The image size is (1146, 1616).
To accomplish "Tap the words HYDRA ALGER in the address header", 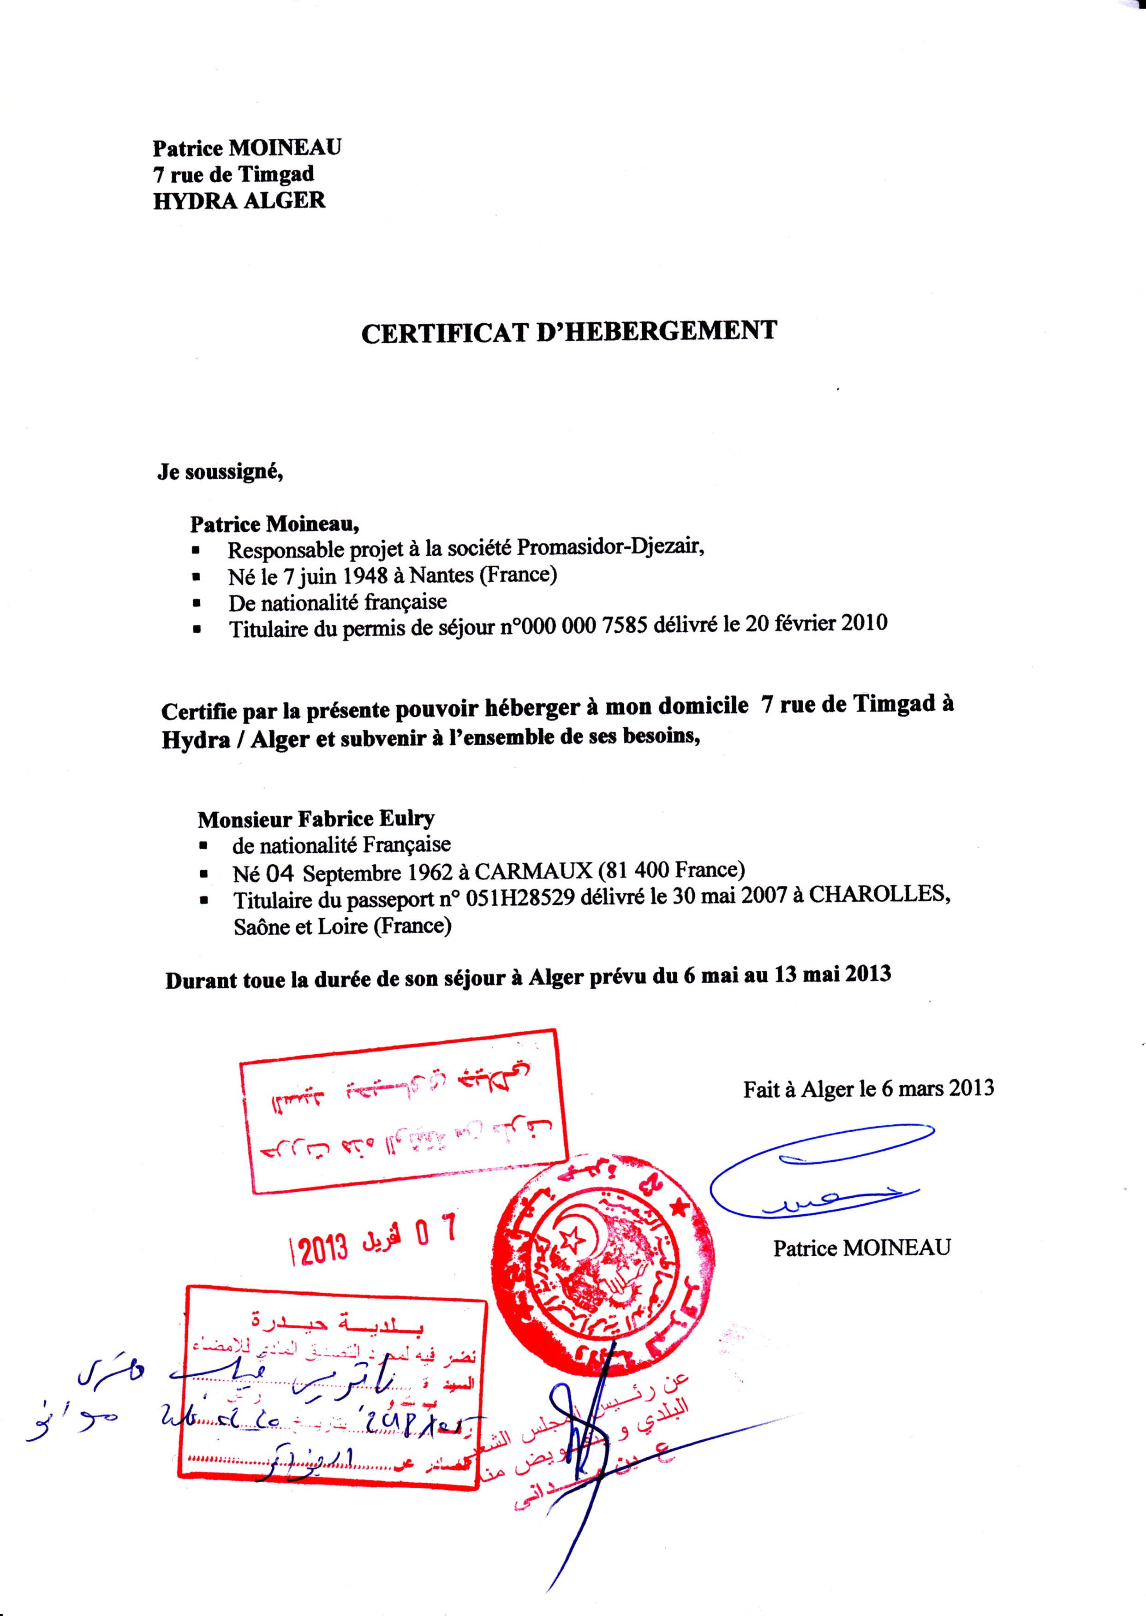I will point(239,200).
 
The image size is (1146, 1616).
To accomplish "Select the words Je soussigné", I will point(220,472).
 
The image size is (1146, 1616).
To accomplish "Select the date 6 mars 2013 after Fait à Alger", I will point(937,1088).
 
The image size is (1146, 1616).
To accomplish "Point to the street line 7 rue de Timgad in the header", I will point(233,173).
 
